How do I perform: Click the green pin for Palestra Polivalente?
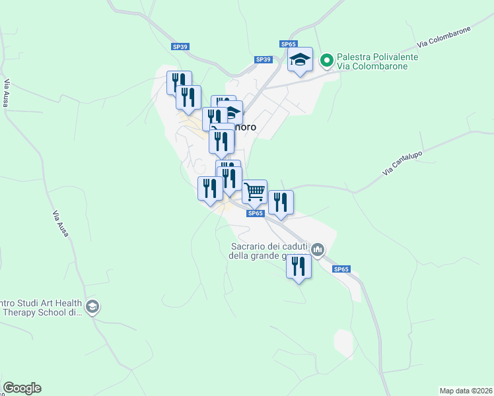click(x=326, y=61)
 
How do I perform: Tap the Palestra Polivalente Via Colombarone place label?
click(x=377, y=62)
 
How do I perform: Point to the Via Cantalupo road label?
click(x=402, y=164)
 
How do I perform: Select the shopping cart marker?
click(x=254, y=192)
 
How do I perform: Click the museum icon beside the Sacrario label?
click(x=318, y=249)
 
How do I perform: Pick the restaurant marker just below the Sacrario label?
click(x=299, y=267)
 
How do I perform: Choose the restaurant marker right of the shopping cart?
click(x=281, y=203)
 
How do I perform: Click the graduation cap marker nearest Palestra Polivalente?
click(x=300, y=60)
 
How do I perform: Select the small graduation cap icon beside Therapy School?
click(x=92, y=307)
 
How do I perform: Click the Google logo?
click(x=22, y=388)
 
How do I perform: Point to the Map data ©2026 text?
click(x=466, y=391)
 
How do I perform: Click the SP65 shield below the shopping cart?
click(x=256, y=213)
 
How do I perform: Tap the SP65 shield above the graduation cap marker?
click(x=288, y=44)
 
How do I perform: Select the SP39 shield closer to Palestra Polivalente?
click(x=263, y=59)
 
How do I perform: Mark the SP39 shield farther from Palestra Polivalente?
click(x=180, y=46)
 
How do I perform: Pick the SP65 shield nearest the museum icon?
click(x=340, y=269)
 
